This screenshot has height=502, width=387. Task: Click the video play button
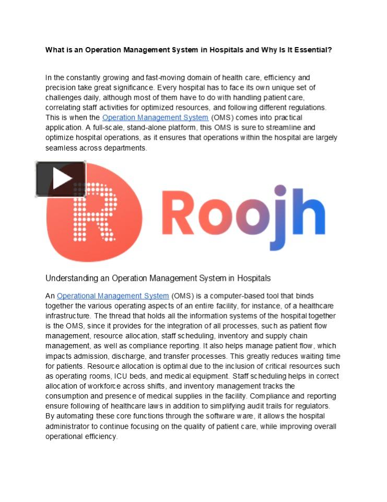coord(61,179)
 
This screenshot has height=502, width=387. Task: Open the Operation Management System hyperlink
coord(155,118)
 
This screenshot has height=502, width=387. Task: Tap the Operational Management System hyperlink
coord(113,296)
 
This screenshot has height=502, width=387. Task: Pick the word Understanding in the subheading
coord(71,278)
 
